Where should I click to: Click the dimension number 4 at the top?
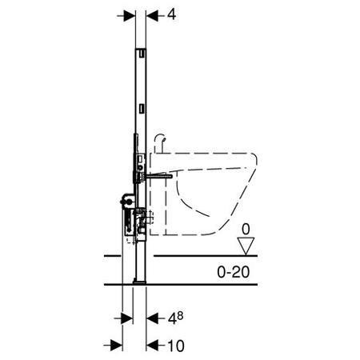pos(171,14)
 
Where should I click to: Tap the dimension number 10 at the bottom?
pos(176,346)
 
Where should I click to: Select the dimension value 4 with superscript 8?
pos(175,318)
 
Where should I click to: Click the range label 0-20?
pos(234,272)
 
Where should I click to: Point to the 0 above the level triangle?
pos(246,230)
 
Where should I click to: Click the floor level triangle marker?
pos(246,246)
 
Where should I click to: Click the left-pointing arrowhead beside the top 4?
pos(152,16)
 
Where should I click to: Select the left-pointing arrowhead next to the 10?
pos(152,346)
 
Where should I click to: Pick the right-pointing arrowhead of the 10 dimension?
pos(117,346)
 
